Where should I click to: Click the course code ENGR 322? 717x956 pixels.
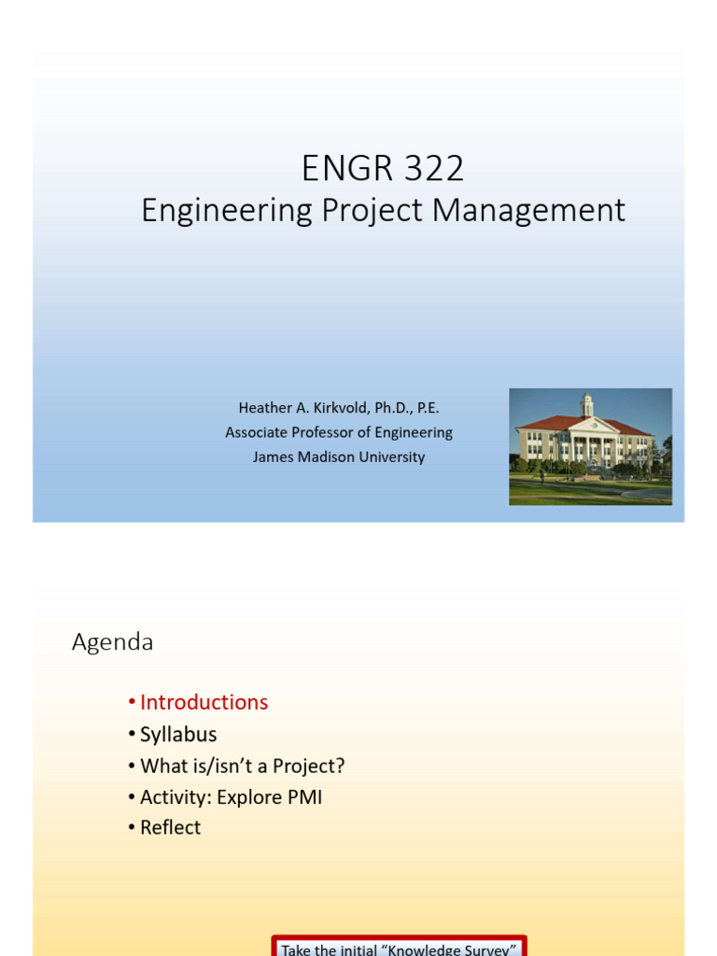click(x=383, y=169)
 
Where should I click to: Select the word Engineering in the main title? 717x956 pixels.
click(x=227, y=211)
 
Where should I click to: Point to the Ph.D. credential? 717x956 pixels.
click(x=395, y=408)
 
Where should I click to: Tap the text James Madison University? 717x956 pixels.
click(x=339, y=457)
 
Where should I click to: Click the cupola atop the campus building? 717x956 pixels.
click(x=586, y=404)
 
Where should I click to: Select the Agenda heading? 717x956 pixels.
click(x=113, y=642)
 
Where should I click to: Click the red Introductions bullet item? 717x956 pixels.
click(x=204, y=702)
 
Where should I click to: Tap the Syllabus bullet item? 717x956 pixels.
click(x=178, y=734)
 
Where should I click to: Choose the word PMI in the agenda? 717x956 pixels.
click(x=304, y=797)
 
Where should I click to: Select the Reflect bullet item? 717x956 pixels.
click(x=170, y=827)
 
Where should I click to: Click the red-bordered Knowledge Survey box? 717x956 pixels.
click(x=400, y=947)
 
